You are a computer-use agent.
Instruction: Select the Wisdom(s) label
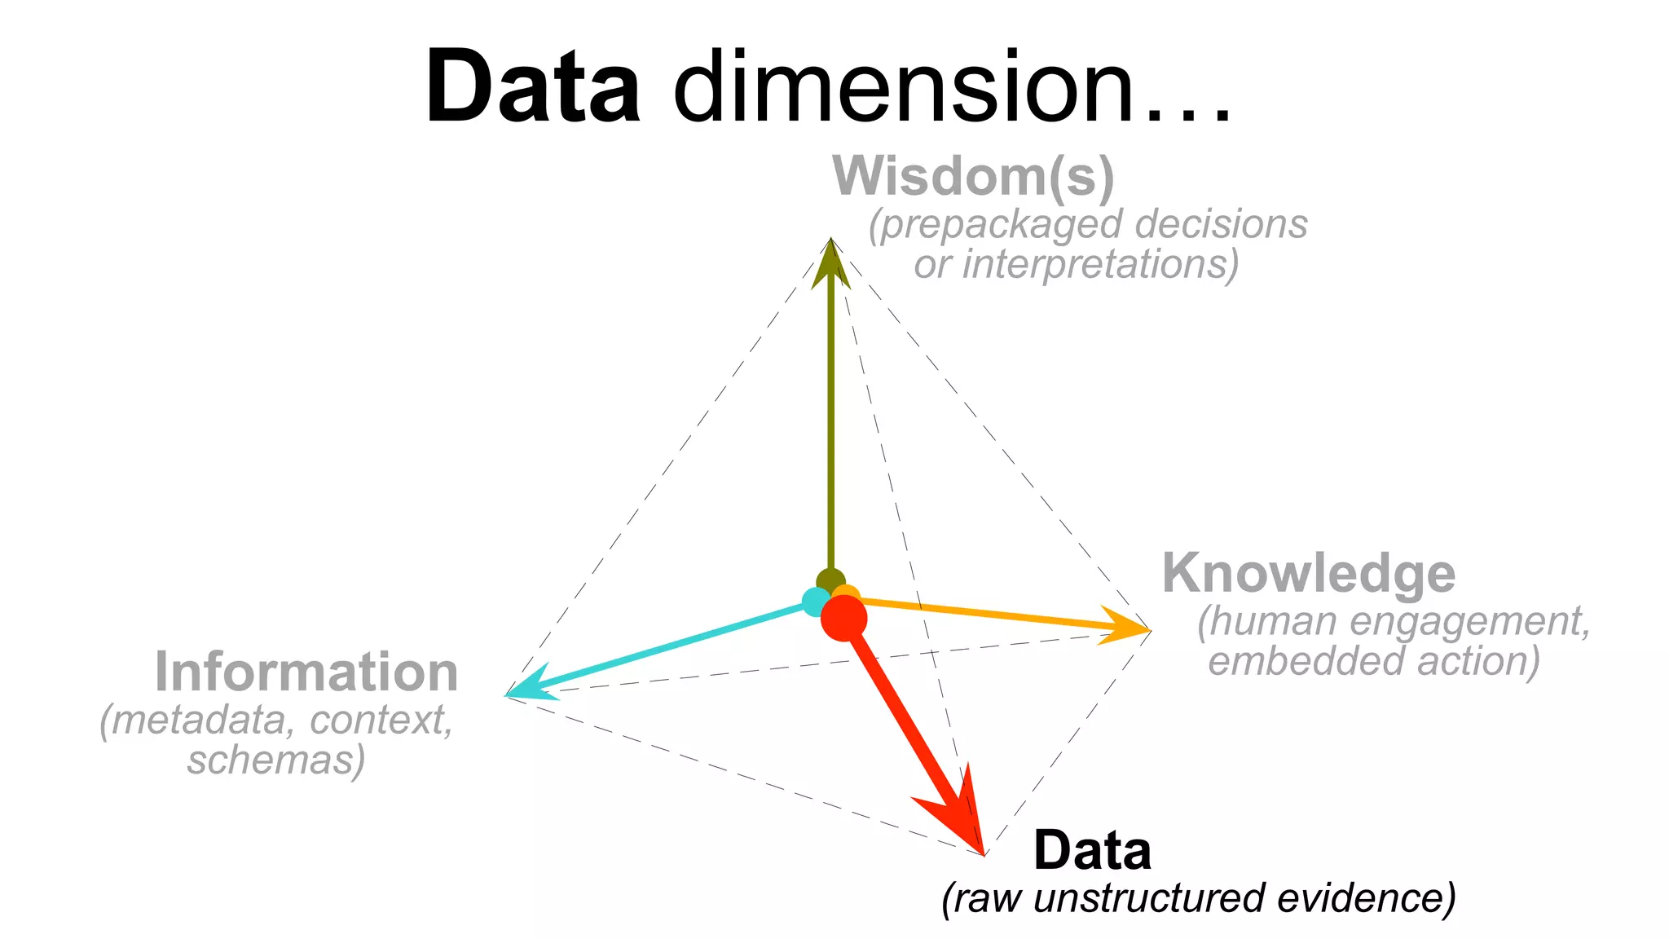click(973, 177)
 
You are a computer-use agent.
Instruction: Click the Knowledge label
click(1309, 573)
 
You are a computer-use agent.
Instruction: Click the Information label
click(306, 672)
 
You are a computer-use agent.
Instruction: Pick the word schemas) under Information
click(276, 760)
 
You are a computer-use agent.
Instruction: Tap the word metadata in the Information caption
click(200, 721)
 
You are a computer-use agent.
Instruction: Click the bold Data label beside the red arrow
click(1092, 851)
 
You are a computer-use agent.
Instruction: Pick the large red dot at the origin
click(843, 618)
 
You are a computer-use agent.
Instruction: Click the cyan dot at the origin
click(814, 602)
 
